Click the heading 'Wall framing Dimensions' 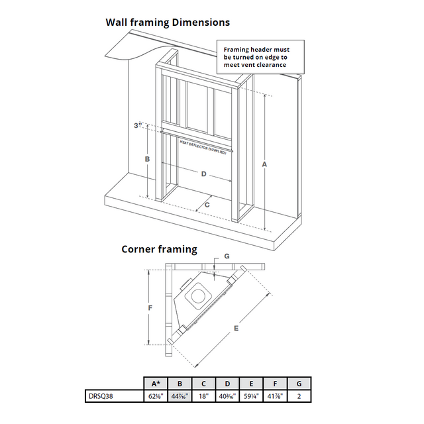168,22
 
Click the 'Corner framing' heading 159,249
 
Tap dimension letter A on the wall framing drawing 264,164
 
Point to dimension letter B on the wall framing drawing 147,159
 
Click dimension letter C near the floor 207,205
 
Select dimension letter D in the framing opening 203,174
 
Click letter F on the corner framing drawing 150,307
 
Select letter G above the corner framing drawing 227,255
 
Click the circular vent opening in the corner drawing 197,295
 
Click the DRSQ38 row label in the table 101,396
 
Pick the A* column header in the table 156,383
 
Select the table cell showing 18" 203,396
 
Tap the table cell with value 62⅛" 156,396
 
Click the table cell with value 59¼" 251,396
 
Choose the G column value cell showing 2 299,396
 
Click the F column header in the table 275,383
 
